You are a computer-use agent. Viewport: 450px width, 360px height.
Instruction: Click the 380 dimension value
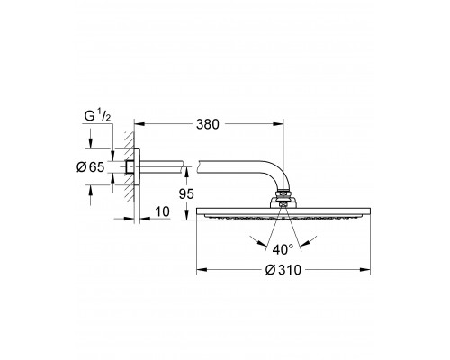pyautogui.click(x=208, y=124)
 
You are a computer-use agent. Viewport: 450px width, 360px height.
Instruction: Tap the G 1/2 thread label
pyautogui.click(x=97, y=116)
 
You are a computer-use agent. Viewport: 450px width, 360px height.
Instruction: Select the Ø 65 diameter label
pyautogui.click(x=90, y=167)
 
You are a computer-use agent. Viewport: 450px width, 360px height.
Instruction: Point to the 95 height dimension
pyautogui.click(x=186, y=194)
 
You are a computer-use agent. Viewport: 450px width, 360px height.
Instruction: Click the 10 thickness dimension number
pyautogui.click(x=163, y=211)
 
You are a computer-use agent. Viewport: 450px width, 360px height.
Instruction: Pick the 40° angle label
pyautogui.click(x=283, y=249)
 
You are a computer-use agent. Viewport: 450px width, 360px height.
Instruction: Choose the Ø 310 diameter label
pyautogui.click(x=283, y=270)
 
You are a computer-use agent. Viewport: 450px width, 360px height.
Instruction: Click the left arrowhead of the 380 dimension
pyautogui.click(x=139, y=124)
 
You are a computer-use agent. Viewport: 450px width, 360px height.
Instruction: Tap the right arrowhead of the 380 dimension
pyautogui.click(x=278, y=124)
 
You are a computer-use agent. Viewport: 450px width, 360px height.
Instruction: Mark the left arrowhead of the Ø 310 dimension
pyautogui.click(x=202, y=270)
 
